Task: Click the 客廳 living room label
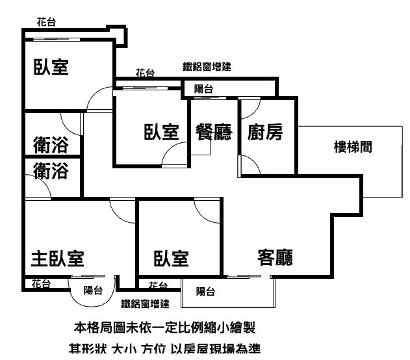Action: tap(275, 258)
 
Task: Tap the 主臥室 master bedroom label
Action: tap(57, 259)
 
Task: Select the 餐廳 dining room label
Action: tap(214, 133)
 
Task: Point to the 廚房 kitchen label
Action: tap(265, 133)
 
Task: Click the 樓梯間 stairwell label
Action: tap(353, 147)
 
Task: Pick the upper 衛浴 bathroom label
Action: tap(51, 145)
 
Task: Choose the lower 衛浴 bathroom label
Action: tap(51, 171)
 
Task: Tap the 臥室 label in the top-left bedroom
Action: tap(51, 67)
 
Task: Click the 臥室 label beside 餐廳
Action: tap(161, 133)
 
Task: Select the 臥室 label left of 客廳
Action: tap(171, 259)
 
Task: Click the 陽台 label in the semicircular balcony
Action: tap(93, 290)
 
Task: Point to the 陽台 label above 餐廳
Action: tap(203, 89)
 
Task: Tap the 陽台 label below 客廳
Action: tap(206, 292)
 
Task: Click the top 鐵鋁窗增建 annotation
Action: tap(207, 66)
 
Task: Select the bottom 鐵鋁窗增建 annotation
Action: tap(145, 303)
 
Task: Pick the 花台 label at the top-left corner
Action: tap(45, 22)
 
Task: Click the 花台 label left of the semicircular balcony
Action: tap(42, 283)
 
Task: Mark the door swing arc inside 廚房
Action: tap(251, 166)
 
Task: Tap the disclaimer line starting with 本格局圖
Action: tap(169, 326)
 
